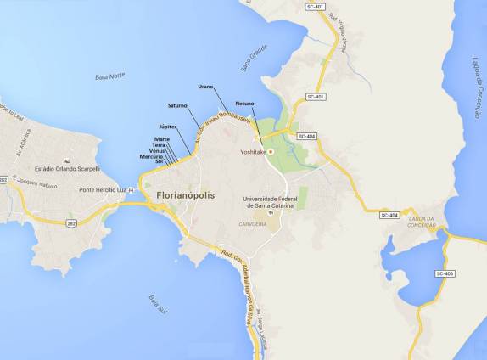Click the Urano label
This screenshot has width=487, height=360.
[205, 86]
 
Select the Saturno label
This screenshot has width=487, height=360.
[178, 106]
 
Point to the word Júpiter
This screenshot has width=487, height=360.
[167, 127]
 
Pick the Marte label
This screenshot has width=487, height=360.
[162, 138]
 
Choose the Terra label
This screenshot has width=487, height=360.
[159, 145]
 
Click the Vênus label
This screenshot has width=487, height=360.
[156, 151]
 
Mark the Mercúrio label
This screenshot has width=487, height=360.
[151, 156]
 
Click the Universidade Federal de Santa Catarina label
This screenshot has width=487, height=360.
[272, 200]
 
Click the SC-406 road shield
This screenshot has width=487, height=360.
[445, 273]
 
